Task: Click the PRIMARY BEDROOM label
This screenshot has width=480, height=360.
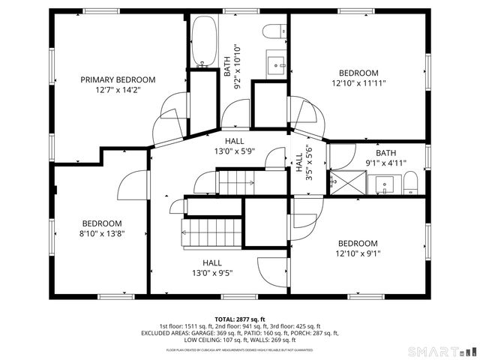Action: click(x=118, y=79)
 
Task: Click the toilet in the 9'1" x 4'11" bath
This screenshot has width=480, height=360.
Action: click(x=410, y=183)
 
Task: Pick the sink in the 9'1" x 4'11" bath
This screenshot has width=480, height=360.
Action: click(x=385, y=183)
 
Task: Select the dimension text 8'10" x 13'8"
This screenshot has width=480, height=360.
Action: click(x=102, y=234)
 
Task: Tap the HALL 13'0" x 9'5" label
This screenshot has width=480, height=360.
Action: click(x=211, y=268)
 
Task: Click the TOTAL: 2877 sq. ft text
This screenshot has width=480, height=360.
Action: click(x=239, y=319)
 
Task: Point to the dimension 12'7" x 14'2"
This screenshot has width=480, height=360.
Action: click(x=118, y=90)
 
